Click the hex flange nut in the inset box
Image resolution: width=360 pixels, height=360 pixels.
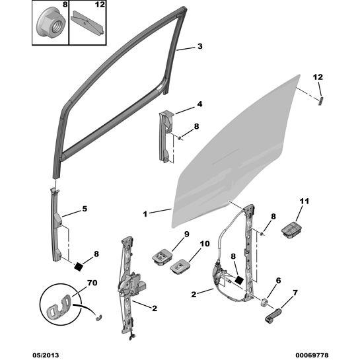pos(52,23)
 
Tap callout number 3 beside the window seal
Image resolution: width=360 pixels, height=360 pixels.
pos(200,46)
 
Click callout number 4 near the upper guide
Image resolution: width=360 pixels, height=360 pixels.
pos(199,104)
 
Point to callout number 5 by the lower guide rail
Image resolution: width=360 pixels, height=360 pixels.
pos(85,209)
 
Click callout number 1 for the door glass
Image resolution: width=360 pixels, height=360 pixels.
pos(145,214)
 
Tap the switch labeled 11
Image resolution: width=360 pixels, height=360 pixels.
pos(291,230)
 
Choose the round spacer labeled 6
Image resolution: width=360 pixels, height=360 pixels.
pos(264,302)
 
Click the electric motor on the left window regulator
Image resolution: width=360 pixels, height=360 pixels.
pos(133,284)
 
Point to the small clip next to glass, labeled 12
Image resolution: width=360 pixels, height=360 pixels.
pos(321,100)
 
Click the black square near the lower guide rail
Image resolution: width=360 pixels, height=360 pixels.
pos(79,267)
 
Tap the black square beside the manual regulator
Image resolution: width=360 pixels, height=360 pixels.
pos(239,279)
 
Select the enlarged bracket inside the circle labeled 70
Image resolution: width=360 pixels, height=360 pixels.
pos(59,306)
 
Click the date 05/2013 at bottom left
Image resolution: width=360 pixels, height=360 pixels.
pos(46,355)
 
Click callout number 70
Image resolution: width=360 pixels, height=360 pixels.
pos(92,283)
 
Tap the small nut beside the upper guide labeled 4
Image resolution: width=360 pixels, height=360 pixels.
pos(180,138)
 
